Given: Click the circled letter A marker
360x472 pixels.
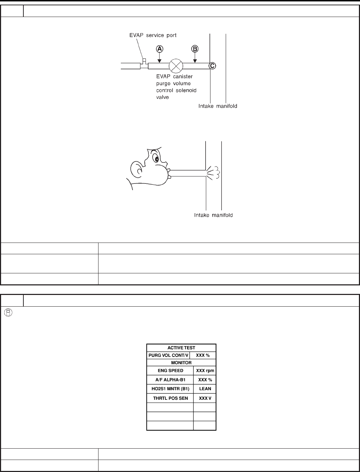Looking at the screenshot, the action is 159,49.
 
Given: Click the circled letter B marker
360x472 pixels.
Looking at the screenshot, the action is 195,49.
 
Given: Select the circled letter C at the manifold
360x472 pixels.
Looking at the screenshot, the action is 212,66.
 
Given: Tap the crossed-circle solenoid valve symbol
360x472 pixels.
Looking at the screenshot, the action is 175,66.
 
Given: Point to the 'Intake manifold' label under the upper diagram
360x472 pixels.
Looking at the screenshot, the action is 218,106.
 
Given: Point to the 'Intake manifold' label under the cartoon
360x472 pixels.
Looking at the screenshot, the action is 213,215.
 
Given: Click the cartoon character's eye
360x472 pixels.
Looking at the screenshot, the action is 156,158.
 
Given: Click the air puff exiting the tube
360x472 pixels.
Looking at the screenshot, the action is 214,172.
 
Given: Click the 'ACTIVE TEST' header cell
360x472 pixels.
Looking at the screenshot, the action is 181,348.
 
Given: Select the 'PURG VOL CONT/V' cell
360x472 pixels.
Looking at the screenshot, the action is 168,355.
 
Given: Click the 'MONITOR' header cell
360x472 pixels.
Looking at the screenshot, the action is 181,363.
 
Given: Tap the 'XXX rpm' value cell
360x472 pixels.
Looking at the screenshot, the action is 205,371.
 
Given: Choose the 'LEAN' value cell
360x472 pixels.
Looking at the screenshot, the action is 205,388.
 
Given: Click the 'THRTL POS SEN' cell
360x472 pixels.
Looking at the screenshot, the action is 170,398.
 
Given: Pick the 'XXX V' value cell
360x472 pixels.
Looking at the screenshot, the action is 205,398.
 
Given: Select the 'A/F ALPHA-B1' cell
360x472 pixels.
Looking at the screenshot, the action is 170,380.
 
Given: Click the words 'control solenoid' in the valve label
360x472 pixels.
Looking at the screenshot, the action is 176,90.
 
